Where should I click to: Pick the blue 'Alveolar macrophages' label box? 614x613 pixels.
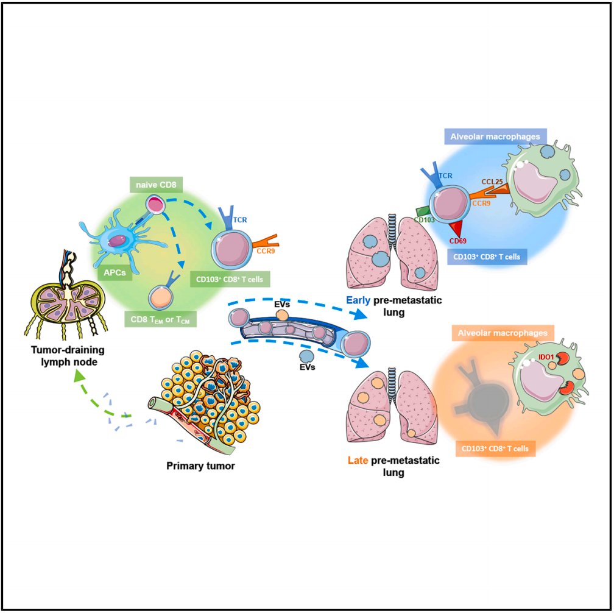tap(495, 138)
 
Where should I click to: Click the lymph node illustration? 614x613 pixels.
tap(67, 295)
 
